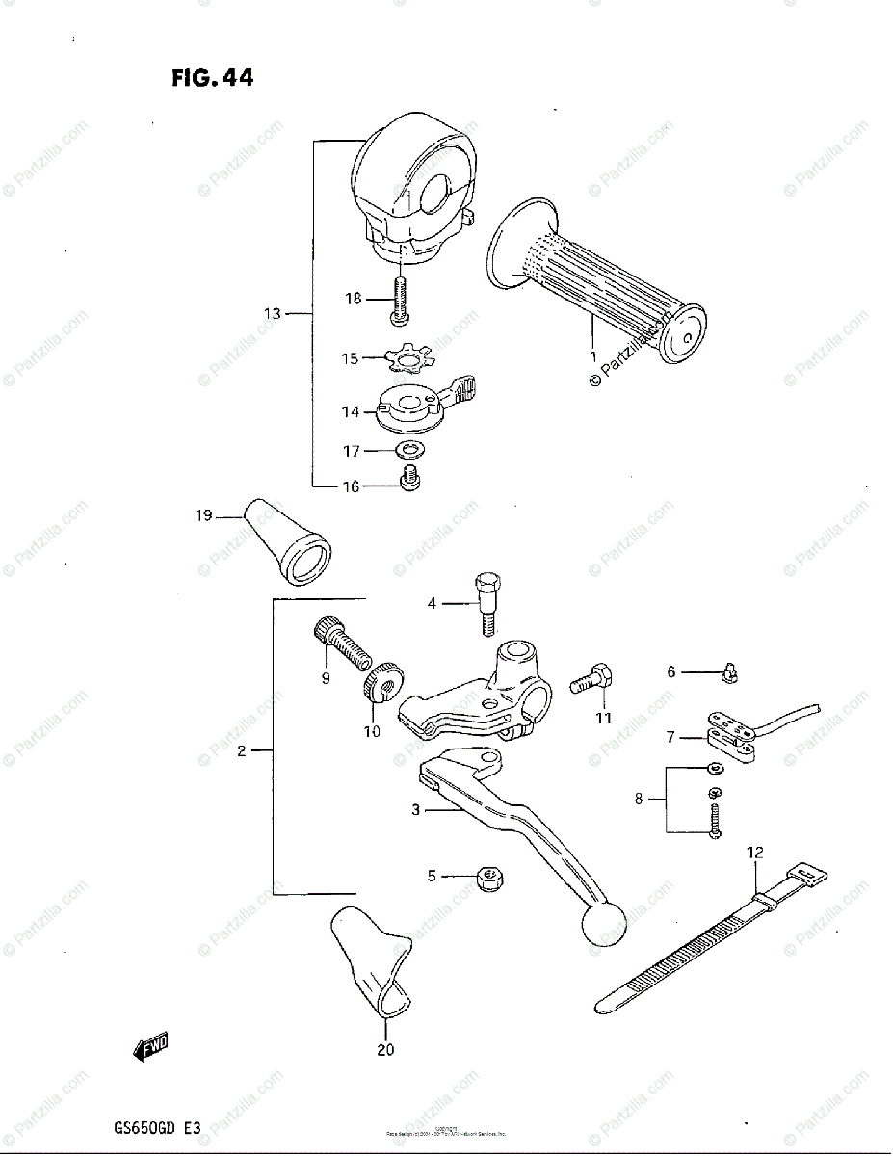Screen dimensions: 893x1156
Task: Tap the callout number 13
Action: click(x=273, y=313)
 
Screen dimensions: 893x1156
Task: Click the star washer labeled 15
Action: click(x=408, y=359)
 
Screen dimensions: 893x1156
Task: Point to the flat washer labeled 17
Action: click(x=411, y=449)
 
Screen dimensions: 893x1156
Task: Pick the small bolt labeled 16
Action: click(x=409, y=478)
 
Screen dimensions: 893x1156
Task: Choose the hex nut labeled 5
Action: click(x=490, y=878)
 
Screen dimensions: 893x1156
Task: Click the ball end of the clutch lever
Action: click(x=602, y=926)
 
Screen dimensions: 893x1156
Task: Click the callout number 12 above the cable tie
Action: click(x=754, y=852)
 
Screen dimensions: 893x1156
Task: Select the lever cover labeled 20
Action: click(x=371, y=963)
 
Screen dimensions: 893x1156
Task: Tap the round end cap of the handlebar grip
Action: click(x=682, y=335)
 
